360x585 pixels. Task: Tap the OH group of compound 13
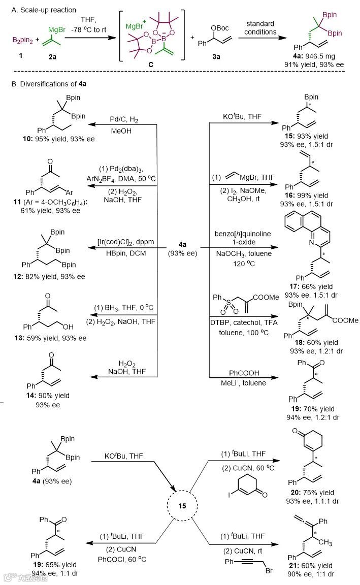[79, 322]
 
